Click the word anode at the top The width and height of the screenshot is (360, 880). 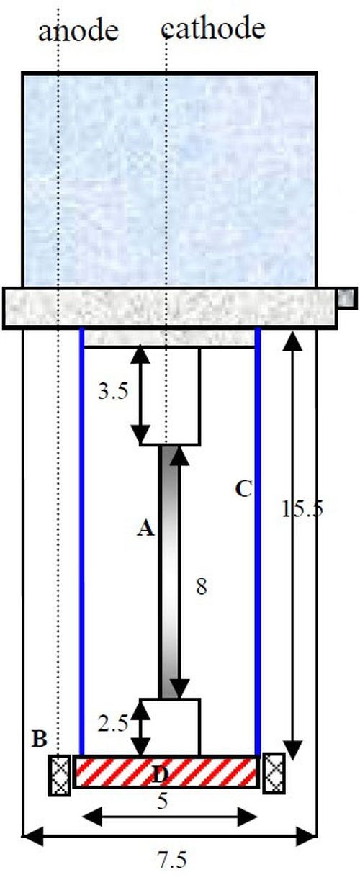point(78,31)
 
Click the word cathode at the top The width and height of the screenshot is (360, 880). point(213,29)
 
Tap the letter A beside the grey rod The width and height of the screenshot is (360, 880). point(145,528)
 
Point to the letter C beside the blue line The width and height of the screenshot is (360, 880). point(243,489)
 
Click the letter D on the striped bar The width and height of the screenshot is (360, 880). point(161,775)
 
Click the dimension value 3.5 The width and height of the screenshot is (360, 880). point(113,391)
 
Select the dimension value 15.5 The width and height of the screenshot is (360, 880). point(302,508)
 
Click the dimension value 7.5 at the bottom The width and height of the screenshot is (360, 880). point(172,861)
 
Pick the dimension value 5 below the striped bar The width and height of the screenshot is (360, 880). point(163,802)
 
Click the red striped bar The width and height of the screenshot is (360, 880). point(166,772)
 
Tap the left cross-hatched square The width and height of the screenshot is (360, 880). point(60,775)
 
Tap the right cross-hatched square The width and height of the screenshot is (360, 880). point(274,773)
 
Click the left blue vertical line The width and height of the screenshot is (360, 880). point(81,542)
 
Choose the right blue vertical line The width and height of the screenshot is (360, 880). point(258,542)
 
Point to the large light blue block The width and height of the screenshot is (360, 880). point(169,180)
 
